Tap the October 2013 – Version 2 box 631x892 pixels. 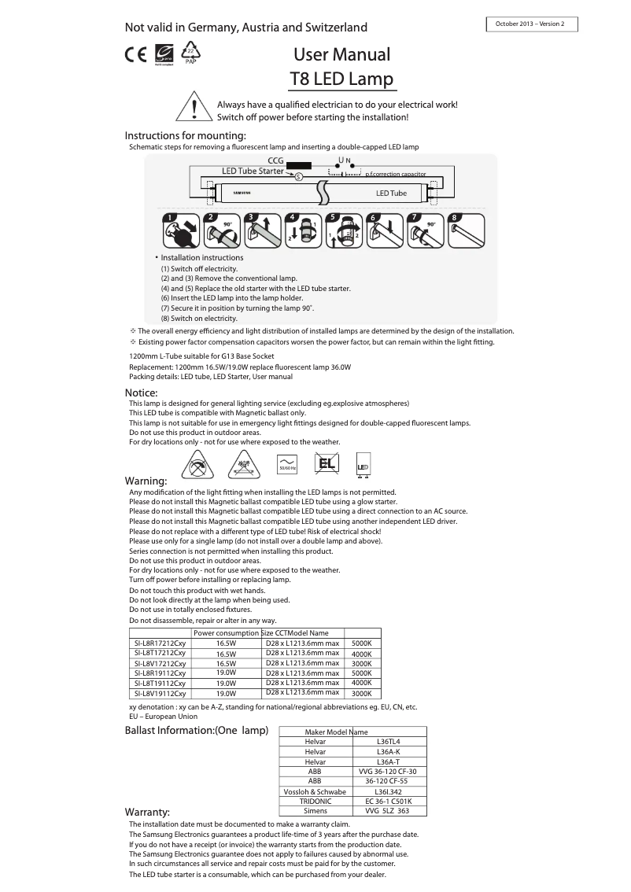pos(532,24)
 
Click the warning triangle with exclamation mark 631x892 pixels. pos(194,109)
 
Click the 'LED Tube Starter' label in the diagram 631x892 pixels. pos(253,171)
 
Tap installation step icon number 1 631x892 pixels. pos(178,231)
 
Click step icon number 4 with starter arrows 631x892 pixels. pos(301,231)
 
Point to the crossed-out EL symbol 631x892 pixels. pos(326,464)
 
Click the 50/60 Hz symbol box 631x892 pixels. pos(287,465)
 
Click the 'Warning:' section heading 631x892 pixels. pos(146,481)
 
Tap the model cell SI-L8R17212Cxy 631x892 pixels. pos(160,643)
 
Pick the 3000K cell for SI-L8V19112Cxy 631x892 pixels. pos(361,694)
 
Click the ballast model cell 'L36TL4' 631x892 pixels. pos(389,742)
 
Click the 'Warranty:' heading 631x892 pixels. pos(147,812)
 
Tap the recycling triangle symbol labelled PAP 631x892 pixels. pos(190,54)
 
